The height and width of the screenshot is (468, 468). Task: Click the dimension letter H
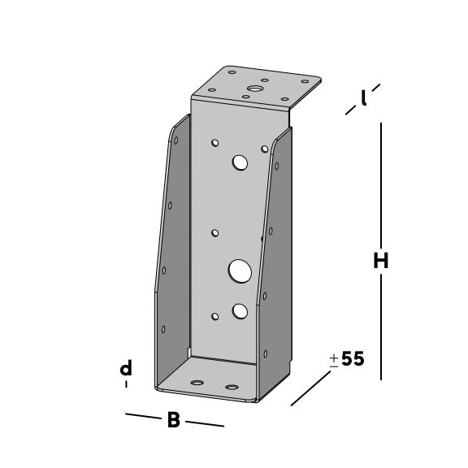381,260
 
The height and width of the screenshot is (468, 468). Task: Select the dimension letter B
174,419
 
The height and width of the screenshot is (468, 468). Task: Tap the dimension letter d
126,367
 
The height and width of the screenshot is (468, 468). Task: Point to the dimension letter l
363,97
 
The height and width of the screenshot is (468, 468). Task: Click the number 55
353,358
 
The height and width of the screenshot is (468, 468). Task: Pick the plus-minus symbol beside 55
334,361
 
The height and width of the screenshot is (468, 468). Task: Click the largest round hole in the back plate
240,271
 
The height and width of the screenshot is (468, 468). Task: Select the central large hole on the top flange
254,89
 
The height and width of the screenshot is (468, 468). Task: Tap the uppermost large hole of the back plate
240,162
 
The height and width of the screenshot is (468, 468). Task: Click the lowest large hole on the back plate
240,311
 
